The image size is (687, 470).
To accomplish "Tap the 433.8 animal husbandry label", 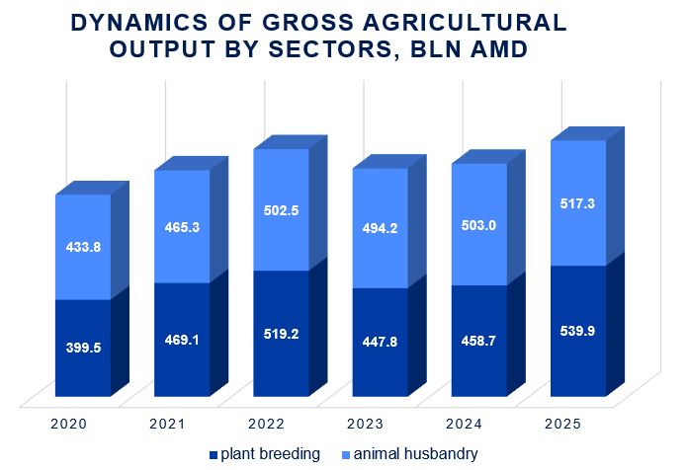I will pos(82,248).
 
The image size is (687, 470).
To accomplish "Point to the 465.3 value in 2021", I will pos(182,227).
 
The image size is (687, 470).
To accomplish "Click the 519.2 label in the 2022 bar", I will pos(282,334).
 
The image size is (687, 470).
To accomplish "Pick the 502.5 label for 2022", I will pos(282,210).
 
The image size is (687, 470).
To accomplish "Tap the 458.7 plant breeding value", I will pos(479,342).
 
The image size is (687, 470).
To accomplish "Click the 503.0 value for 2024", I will pos(479,225).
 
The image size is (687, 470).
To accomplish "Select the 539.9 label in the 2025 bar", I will pos(578,331).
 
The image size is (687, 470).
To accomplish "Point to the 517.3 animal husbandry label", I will pos(578,203).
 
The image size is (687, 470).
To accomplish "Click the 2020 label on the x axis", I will pos(68,424).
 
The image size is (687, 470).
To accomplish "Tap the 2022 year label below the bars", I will pos(266,424).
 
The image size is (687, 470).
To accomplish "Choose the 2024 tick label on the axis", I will pos(464,424).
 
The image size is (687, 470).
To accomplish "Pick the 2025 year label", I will pos(562,424).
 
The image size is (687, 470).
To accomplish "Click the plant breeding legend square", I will pos(213,455).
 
